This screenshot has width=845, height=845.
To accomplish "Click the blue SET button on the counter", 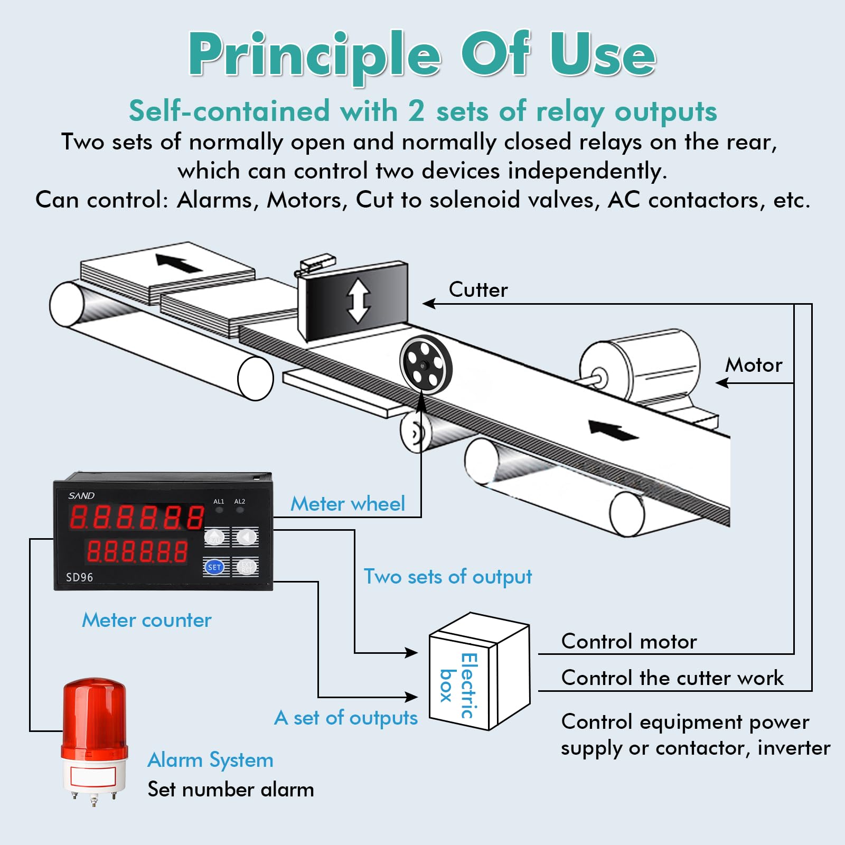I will (214, 567).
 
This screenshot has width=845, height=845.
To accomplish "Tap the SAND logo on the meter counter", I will (81, 495).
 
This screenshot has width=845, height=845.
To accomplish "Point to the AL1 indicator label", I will (219, 501).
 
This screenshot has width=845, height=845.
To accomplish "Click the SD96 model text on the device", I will (79, 577).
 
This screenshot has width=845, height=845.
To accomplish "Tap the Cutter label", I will (478, 289).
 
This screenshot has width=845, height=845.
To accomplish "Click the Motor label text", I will (753, 365).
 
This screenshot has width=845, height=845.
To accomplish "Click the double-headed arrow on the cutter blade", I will (358, 301).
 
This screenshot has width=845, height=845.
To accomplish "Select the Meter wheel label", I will (348, 504).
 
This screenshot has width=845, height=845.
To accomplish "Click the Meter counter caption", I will (146, 620).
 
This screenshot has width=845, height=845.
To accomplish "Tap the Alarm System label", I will (210, 760).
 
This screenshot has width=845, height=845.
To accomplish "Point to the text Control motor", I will (628, 642).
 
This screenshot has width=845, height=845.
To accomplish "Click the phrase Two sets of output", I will (447, 577).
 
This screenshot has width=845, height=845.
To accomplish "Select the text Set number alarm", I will (231, 790).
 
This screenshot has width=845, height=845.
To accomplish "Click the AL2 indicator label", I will (240, 501).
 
